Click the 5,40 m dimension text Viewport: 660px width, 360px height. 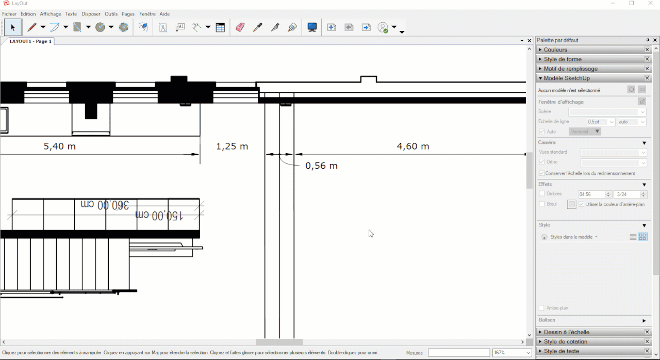60,146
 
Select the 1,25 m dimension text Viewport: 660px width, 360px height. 232,146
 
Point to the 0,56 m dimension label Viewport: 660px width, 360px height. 321,166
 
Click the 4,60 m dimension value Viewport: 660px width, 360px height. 413,146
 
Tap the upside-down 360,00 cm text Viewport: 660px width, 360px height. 105,205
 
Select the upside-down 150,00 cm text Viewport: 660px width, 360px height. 159,215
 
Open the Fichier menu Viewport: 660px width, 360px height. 9,14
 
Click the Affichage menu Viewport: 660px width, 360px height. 51,14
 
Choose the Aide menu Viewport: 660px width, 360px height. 164,14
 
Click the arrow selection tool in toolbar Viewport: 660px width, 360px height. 13,27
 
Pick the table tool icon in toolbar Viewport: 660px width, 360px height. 220,27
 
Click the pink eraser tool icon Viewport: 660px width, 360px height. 240,27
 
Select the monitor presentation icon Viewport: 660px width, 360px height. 312,27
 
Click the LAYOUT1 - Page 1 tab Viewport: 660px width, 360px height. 30,41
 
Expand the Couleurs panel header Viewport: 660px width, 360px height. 555,50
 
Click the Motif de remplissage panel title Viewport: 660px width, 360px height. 570,69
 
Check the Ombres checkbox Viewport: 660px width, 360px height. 542,194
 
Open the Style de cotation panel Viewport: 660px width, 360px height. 565,342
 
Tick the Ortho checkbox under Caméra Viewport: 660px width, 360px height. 542,162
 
